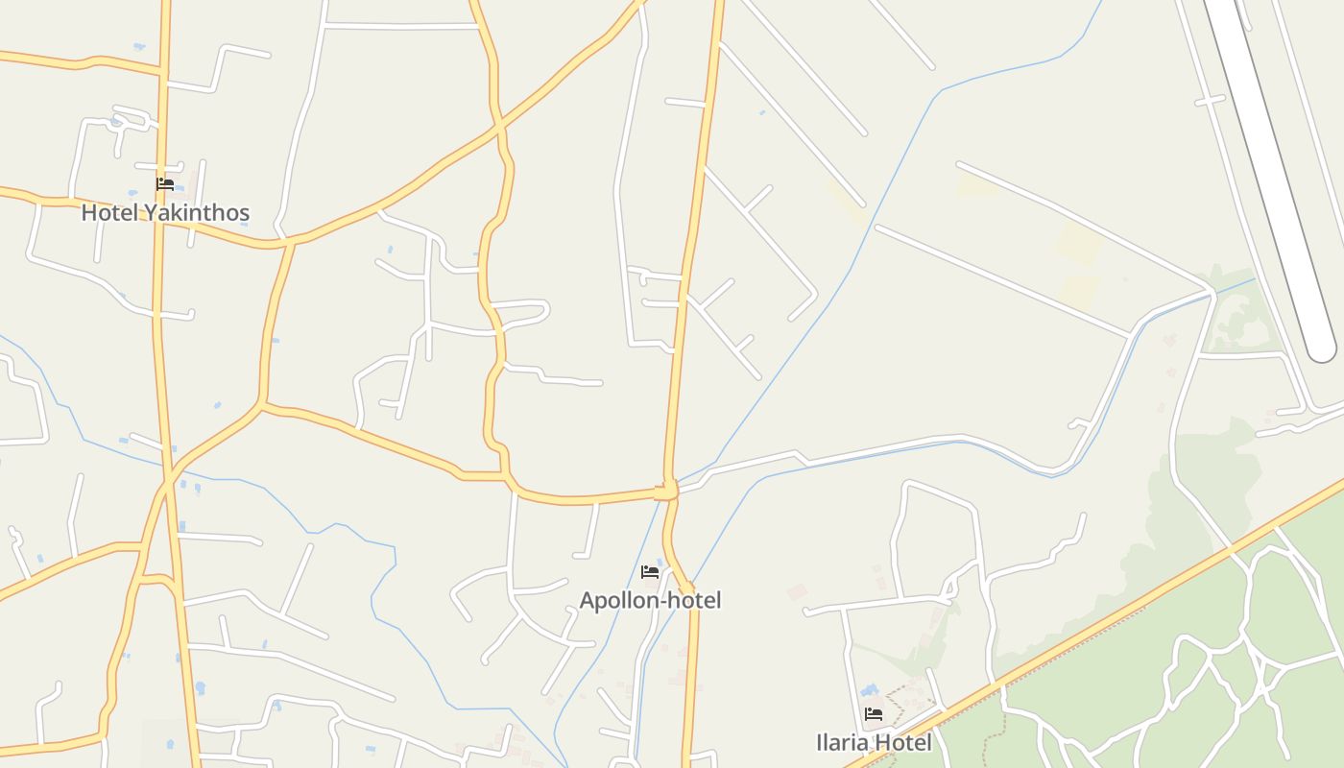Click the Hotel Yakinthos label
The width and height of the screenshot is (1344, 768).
[165, 212]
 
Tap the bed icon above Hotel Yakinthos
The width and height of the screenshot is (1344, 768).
[165, 183]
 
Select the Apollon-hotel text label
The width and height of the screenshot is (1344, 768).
[650, 600]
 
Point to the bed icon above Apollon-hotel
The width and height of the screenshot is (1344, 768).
[650, 572]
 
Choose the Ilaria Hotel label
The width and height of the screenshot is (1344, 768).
[874, 742]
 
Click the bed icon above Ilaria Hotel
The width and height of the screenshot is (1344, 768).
[874, 714]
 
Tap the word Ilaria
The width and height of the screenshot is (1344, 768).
[841, 742]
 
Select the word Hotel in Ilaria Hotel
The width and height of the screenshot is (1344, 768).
[902, 742]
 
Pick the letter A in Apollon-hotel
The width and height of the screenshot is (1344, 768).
[588, 600]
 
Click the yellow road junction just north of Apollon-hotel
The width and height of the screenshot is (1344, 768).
[667, 491]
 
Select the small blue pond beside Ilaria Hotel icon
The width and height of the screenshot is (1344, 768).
[870, 690]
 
